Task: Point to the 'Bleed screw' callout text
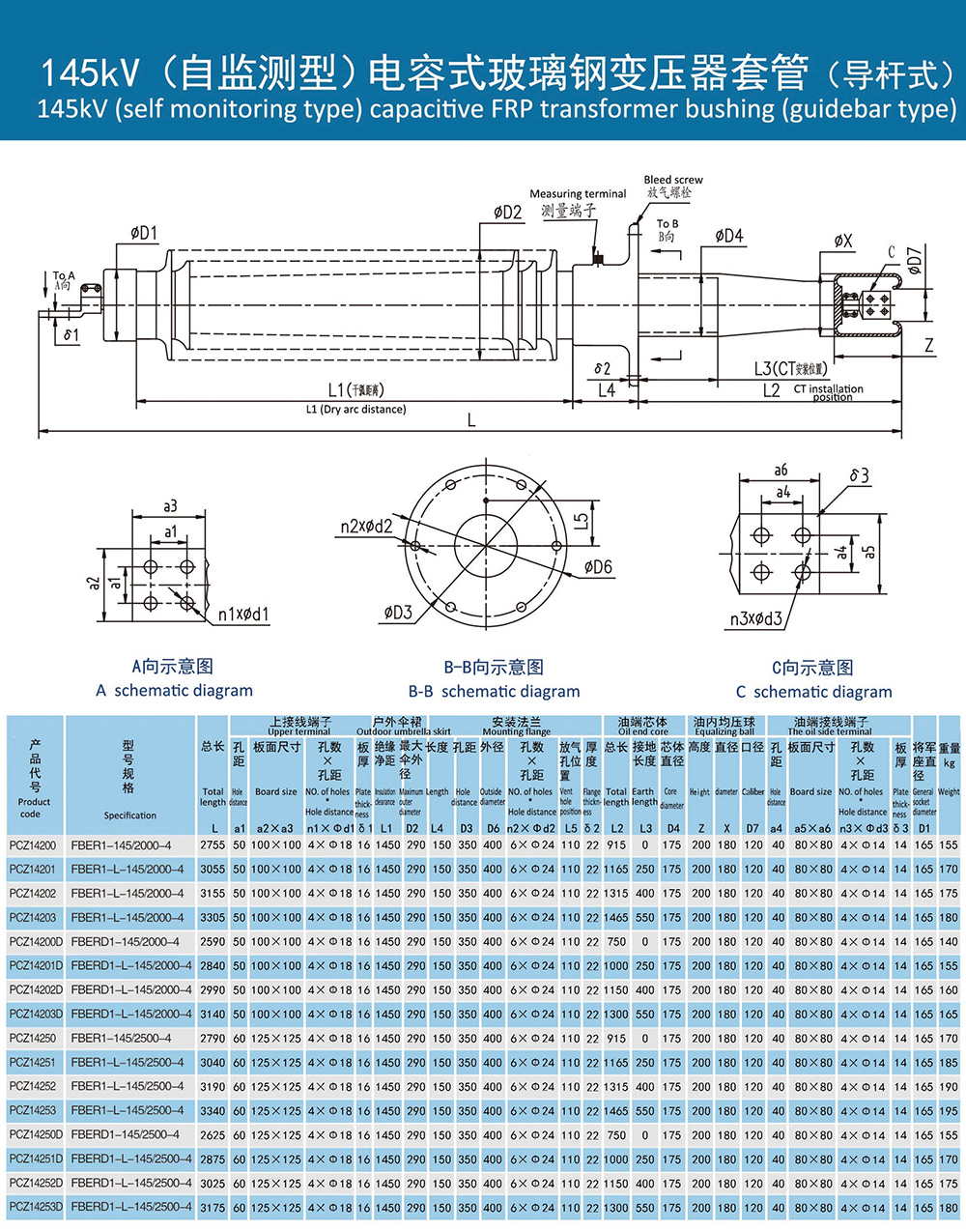point(673,180)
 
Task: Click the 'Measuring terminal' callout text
point(578,194)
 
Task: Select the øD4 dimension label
point(729,236)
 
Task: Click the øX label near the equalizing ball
point(843,242)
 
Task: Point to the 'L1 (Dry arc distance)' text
point(355,410)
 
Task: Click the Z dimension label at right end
point(929,345)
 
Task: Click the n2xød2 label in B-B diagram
point(366,527)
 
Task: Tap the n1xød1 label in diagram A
point(243,614)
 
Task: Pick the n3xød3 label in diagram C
point(756,618)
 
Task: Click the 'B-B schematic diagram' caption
point(494,691)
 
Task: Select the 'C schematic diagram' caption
point(813,691)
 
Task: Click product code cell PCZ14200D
point(36,941)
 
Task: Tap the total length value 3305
point(213,917)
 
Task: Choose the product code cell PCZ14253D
point(36,1207)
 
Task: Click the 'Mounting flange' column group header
point(517,727)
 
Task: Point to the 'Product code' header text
point(35,808)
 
